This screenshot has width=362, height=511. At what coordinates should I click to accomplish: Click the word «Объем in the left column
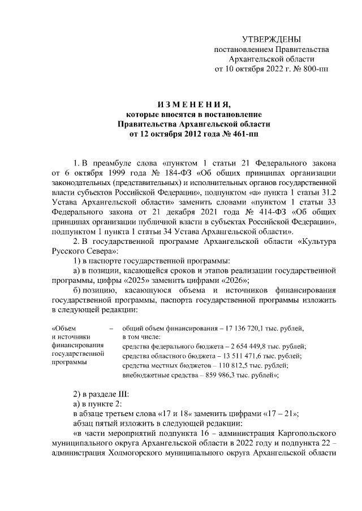(x=63, y=327)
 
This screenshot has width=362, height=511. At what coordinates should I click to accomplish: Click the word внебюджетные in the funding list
(x=144, y=375)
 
